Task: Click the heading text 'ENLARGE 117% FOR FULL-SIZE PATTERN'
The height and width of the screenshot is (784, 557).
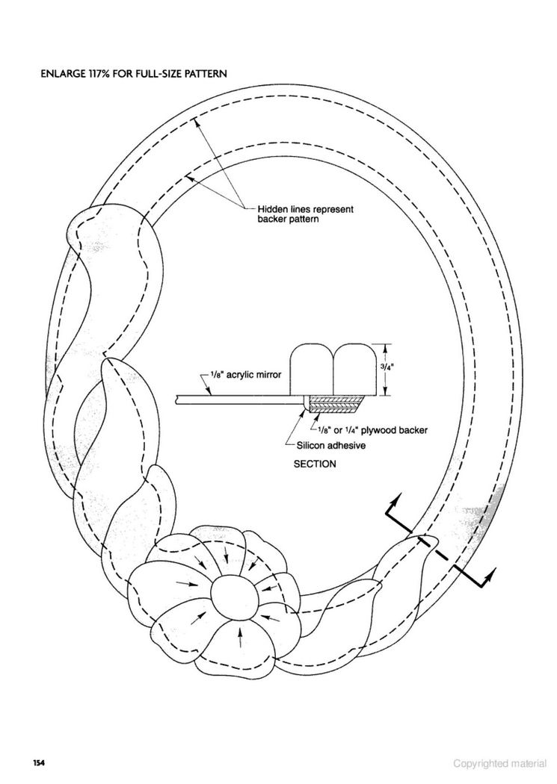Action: (133, 74)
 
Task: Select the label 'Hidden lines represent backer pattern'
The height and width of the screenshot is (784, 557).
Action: (305, 214)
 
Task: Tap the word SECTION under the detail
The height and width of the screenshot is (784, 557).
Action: (315, 464)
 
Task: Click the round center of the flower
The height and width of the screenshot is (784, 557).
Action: (234, 597)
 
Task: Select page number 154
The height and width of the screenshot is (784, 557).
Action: (39, 763)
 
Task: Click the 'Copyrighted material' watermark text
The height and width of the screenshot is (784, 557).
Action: (500, 764)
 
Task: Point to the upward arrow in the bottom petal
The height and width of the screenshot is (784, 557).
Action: (241, 636)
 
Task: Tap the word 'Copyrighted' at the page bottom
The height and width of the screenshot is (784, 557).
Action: (480, 764)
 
